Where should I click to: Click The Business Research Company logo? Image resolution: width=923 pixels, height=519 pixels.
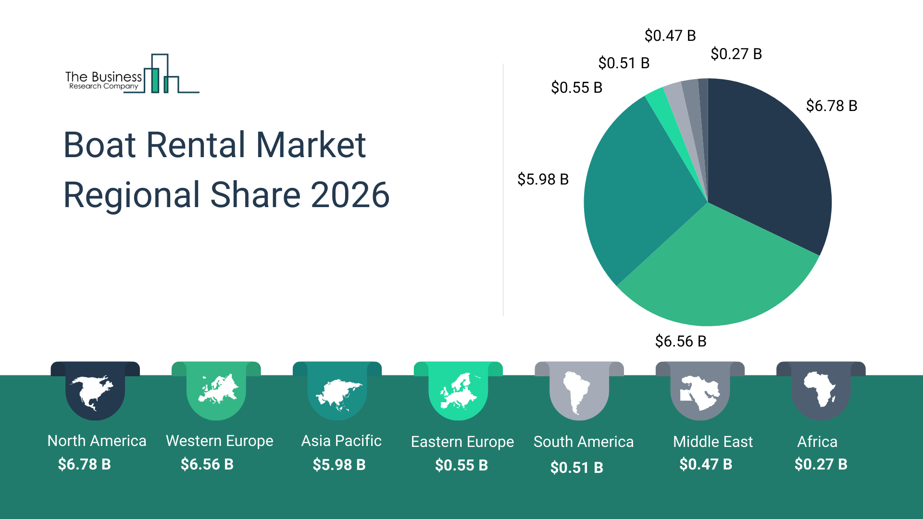tap(132, 75)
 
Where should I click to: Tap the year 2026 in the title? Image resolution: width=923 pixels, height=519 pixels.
tap(350, 195)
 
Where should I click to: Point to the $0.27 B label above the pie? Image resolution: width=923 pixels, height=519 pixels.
tap(736, 54)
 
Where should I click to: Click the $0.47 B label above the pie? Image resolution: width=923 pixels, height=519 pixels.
tap(670, 36)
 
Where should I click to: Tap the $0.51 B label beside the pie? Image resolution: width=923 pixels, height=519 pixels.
tap(624, 63)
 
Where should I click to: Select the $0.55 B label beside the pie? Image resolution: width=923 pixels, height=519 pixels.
tap(576, 87)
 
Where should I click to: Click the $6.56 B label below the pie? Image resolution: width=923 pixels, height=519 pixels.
tap(680, 341)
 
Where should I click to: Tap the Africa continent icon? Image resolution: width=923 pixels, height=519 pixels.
tap(821, 389)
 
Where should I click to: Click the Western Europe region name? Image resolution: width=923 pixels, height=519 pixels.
tap(219, 441)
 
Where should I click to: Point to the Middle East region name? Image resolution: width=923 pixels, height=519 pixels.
tap(712, 442)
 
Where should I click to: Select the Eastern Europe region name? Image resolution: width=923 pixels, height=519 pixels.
tap(462, 442)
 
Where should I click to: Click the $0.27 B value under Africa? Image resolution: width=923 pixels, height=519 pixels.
tap(821, 464)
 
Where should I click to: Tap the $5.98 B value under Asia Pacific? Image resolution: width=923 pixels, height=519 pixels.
tap(339, 465)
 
